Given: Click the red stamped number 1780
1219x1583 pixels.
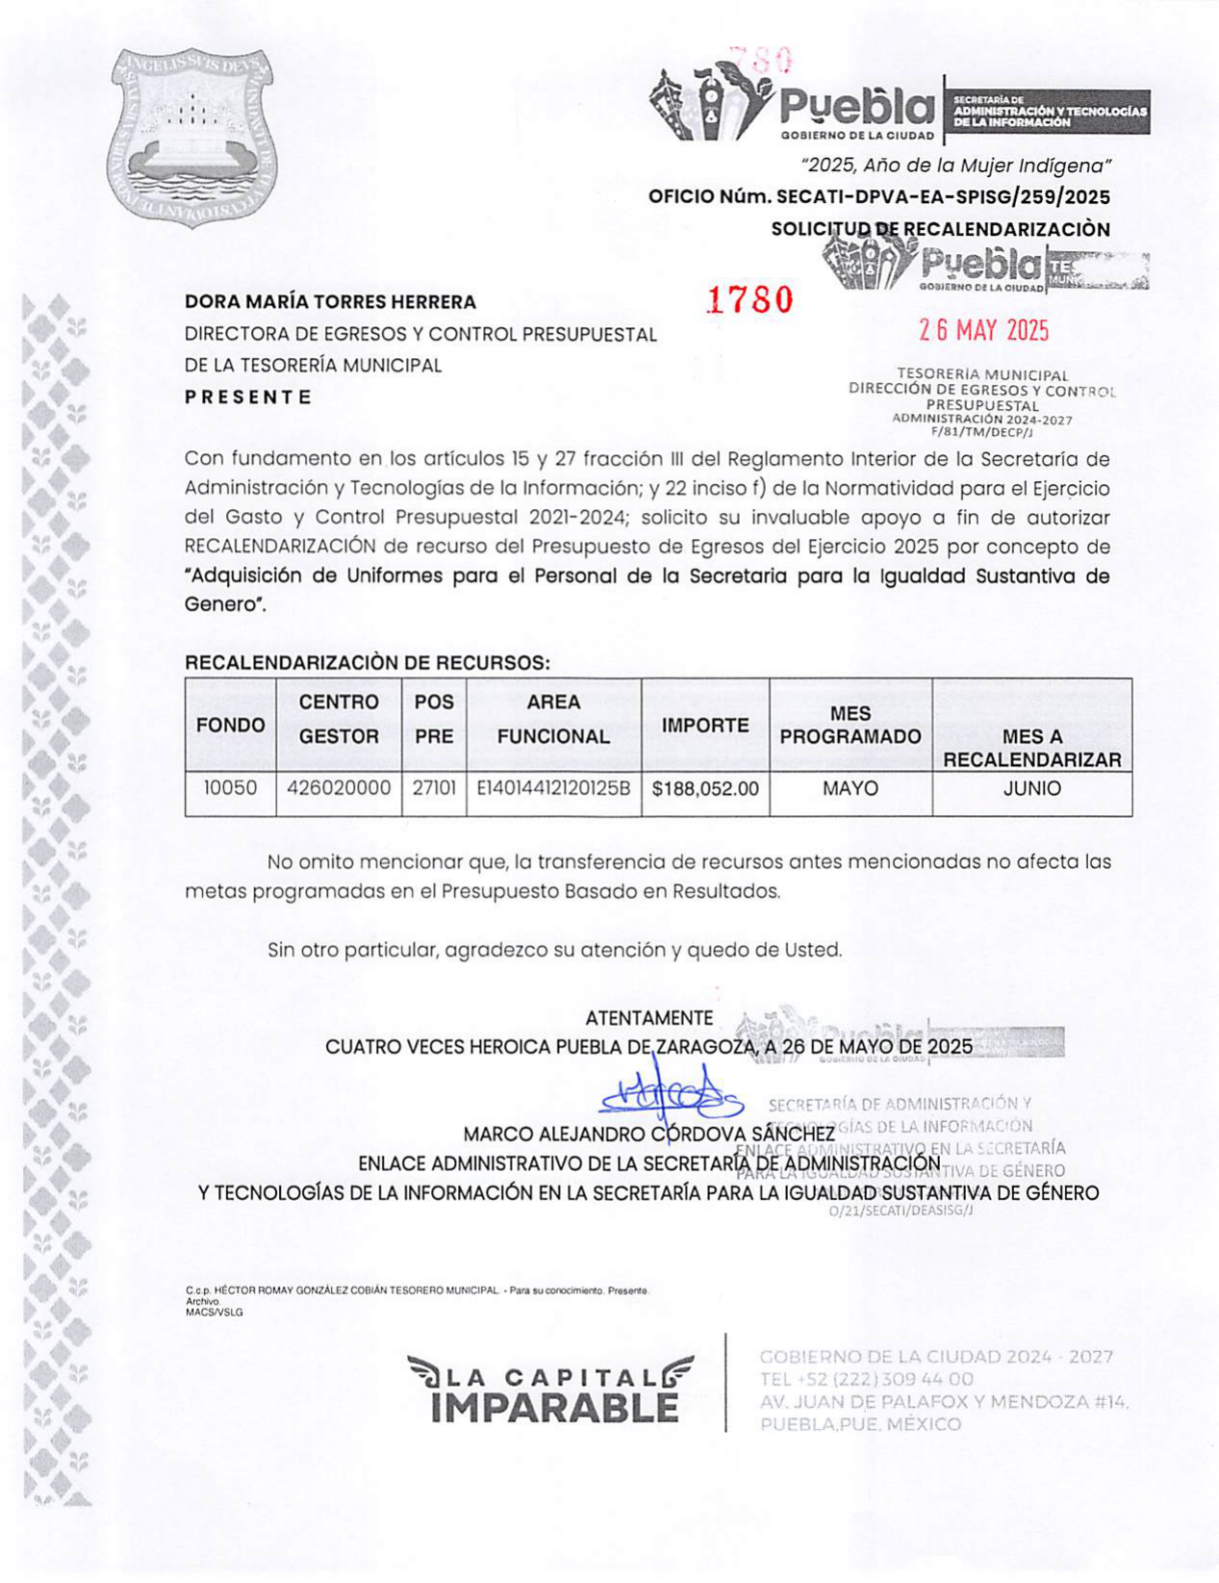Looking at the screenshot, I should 750,300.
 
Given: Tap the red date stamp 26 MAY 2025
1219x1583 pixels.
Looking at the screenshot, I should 983,331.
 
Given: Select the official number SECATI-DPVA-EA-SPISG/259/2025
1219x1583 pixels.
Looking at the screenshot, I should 943,197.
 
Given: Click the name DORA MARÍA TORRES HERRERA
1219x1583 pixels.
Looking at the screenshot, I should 330,302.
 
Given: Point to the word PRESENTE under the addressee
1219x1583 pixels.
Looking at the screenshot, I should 248,396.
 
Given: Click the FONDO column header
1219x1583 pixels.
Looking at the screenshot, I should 230,726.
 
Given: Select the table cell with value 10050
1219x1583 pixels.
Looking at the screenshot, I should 230,788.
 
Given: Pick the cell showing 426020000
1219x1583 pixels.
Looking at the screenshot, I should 339,788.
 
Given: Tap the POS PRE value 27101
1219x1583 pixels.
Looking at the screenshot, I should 434,788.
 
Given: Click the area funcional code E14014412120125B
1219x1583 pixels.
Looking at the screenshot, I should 553,788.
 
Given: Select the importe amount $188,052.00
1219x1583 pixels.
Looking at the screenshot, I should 705,789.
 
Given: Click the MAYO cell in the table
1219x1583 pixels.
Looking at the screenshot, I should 851,789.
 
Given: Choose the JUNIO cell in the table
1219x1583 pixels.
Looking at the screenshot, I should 1031,789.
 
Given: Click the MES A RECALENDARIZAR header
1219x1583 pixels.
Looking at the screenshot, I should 1031,749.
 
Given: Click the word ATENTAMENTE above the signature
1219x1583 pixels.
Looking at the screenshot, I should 649,1018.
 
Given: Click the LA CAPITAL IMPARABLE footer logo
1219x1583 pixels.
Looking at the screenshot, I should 550,1391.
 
